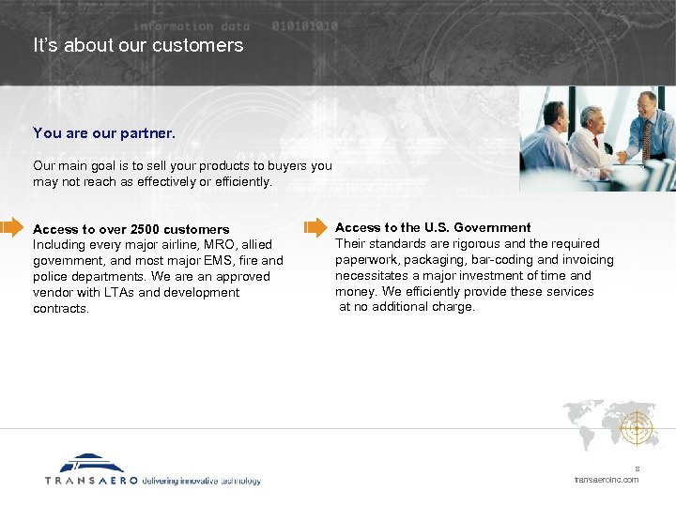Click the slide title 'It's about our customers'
coord(138,45)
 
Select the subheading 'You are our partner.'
coord(104,133)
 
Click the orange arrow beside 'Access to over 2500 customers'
coord(11,226)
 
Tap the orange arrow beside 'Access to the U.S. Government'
coord(315,226)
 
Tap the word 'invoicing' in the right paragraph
coord(587,260)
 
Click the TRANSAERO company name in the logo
coord(91,480)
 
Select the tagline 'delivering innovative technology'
coord(201,480)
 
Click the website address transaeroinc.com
coord(606,480)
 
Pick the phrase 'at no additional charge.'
coord(407,307)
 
